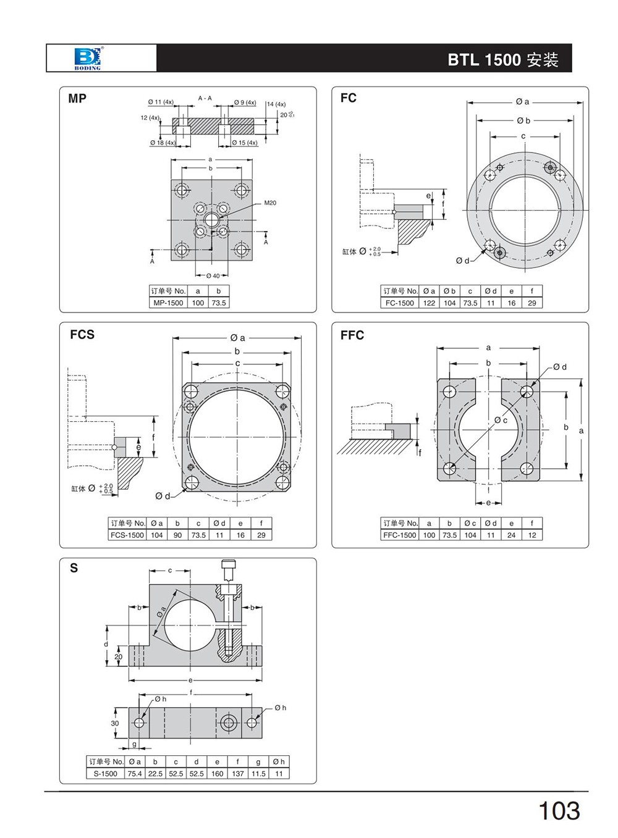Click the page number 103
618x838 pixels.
[559, 811]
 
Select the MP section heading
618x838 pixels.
[77, 98]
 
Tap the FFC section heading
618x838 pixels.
[352, 335]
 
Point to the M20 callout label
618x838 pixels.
[270, 203]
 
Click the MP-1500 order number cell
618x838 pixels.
[167, 303]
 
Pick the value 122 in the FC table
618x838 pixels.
[429, 303]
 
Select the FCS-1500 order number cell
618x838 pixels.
[127, 535]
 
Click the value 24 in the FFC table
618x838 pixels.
[511, 535]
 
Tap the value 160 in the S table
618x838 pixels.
[217, 773]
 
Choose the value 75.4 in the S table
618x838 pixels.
[135, 773]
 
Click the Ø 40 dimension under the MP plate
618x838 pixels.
[212, 275]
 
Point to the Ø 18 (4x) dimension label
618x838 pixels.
[163, 143]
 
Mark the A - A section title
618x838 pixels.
[205, 98]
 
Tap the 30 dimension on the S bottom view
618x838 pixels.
[115, 723]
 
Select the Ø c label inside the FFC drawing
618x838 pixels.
[501, 421]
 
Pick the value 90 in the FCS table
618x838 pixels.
[177, 535]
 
